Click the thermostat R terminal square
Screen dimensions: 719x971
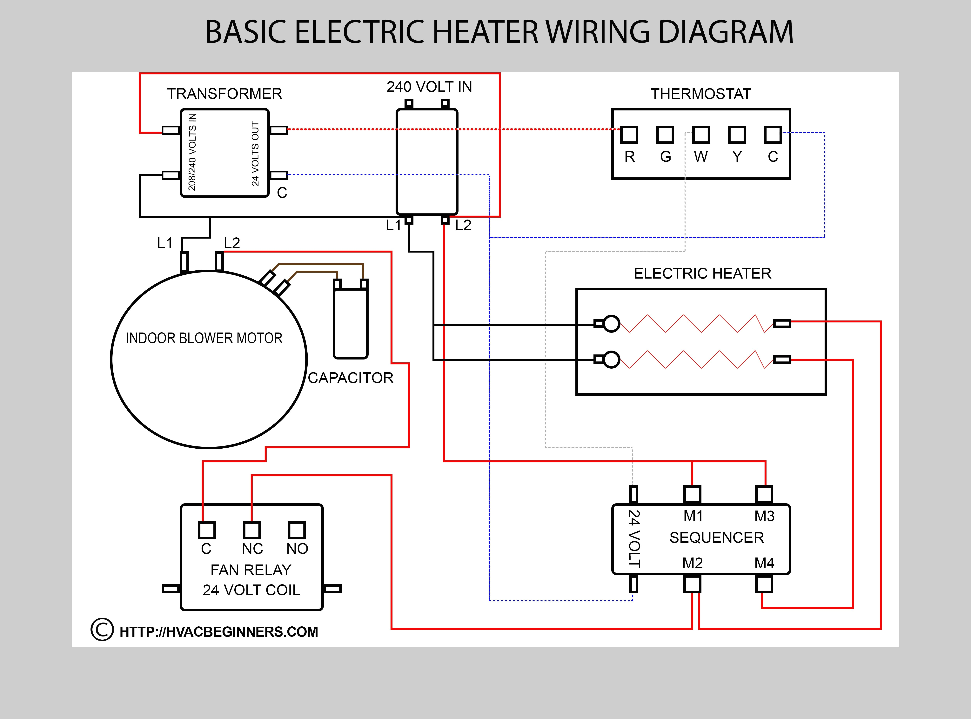point(629,135)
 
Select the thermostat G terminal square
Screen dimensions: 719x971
point(665,135)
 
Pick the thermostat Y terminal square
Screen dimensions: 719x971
point(737,135)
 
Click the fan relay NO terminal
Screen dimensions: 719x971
point(297,530)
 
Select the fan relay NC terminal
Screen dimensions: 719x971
point(252,530)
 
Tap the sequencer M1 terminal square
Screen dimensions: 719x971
point(692,494)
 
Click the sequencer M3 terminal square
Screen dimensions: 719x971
point(764,494)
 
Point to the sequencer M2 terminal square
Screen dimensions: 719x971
point(692,584)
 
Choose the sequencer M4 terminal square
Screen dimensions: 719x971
point(764,584)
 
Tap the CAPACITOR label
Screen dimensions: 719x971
point(351,378)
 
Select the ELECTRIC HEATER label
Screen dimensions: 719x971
point(702,273)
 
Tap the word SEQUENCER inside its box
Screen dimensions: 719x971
point(716,538)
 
